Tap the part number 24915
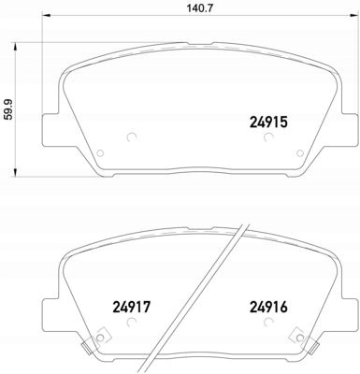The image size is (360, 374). (269, 121)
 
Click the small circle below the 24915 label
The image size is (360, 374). (269, 138)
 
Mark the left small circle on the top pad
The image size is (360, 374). (129, 138)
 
